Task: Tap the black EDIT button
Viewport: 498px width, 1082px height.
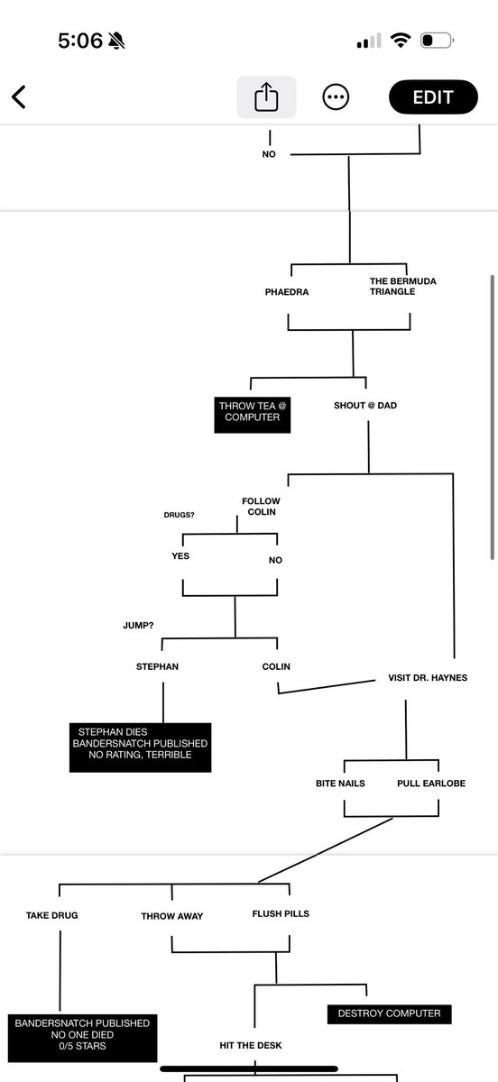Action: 432,97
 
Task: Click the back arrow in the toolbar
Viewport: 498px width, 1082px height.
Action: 19,97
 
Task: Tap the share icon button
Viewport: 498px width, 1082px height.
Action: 266,97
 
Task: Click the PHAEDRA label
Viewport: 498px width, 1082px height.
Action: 287,292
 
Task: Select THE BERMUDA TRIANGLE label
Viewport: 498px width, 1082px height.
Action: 402,287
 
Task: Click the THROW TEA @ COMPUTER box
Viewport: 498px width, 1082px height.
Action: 253,412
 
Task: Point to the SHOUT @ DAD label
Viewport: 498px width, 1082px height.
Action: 365,406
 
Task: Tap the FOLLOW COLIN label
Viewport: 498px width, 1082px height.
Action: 261,507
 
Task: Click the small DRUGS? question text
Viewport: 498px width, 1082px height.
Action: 180,516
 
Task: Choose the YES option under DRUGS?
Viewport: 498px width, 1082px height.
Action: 180,556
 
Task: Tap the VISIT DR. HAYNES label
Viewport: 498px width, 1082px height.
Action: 428,677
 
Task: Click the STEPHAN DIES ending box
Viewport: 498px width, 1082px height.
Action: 141,743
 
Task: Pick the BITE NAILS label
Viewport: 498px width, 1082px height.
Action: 340,784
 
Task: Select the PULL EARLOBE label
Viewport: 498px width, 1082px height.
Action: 431,784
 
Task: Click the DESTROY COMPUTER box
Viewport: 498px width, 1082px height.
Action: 389,1013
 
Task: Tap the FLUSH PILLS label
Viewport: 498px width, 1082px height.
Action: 281,913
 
